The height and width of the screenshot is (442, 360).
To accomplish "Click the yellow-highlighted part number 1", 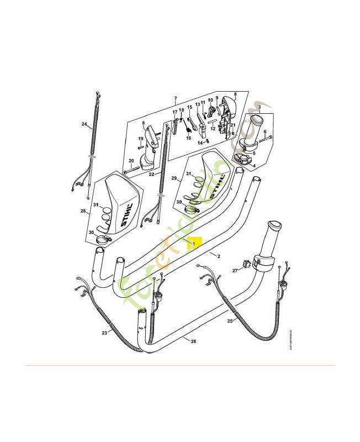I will pos(194,243).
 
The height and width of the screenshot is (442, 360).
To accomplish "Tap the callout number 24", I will pos(84,124).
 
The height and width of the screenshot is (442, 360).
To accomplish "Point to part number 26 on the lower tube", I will pos(193,341).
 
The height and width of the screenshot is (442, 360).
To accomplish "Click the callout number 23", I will pos(104,333).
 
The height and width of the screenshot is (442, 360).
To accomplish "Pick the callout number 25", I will pos(230,320).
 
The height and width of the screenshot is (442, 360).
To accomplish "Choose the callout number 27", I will pos(234,271).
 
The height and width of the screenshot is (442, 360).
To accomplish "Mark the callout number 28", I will pos(83,211).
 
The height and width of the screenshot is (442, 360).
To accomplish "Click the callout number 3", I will pos(260,107).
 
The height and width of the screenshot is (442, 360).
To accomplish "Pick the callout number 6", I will pos(264,132).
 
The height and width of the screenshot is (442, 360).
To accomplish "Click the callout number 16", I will pos(188,138).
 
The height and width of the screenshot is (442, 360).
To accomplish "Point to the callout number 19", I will pos(141,139).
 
